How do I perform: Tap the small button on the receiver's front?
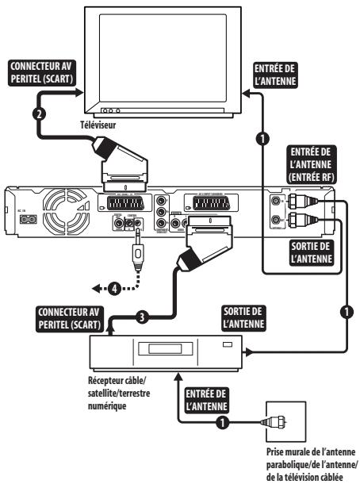(x=227, y=344)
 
